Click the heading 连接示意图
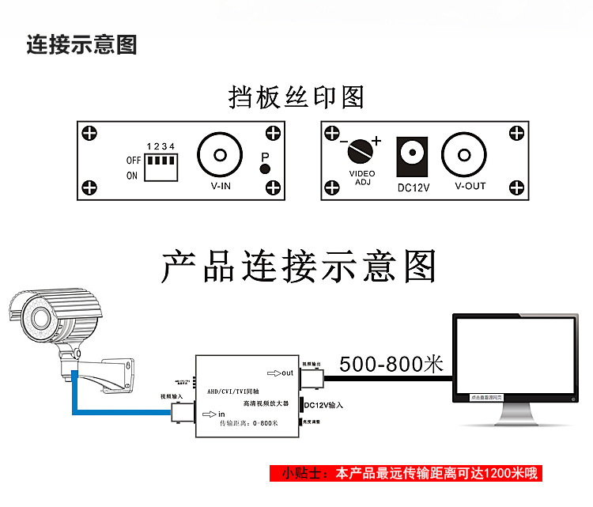point(81,44)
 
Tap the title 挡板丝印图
point(296,97)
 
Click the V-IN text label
point(221,187)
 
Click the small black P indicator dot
point(265,169)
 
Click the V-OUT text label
point(470,187)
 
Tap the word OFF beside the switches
point(133,160)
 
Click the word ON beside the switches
point(131,176)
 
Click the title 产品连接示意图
point(299,268)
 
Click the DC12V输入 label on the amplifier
point(324,406)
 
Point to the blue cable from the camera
point(119,409)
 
